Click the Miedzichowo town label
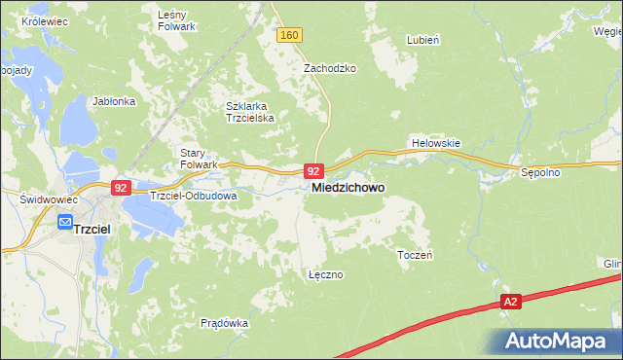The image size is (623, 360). [x=348, y=188]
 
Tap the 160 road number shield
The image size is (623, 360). [x=288, y=35]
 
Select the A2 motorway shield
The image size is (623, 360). [x=511, y=303]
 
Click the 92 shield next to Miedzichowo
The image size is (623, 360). [x=312, y=169]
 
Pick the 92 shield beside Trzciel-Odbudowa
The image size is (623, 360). [x=121, y=188]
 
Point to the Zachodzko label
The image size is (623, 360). [x=330, y=69]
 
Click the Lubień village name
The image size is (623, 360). [x=423, y=40]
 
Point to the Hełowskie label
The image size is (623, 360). [x=435, y=142]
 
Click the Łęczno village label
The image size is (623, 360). [x=325, y=274]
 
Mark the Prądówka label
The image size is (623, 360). [x=224, y=323]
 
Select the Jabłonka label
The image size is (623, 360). [x=112, y=100]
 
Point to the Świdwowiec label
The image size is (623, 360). [x=42, y=198]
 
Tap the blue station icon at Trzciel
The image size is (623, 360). [x=64, y=223]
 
